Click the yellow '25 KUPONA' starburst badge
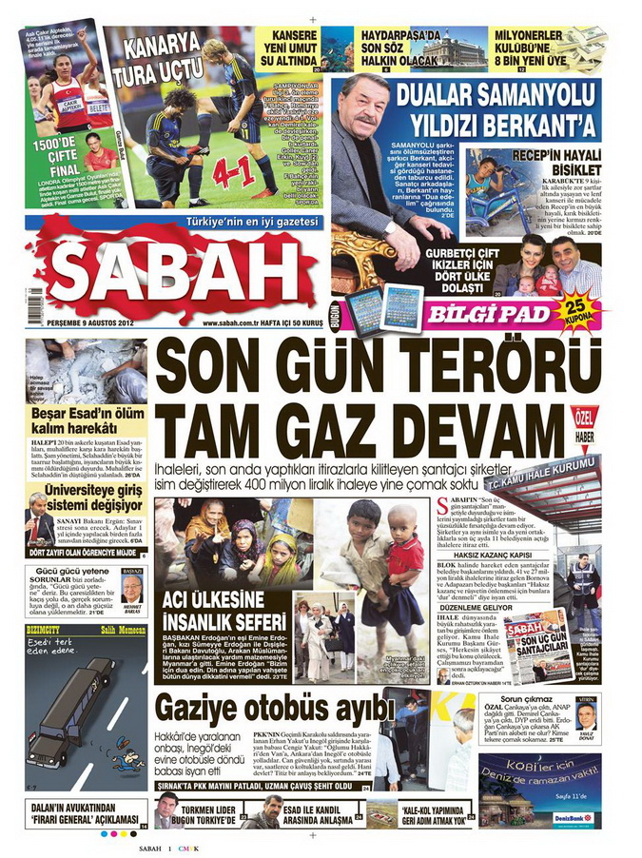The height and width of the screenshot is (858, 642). [577, 311]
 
